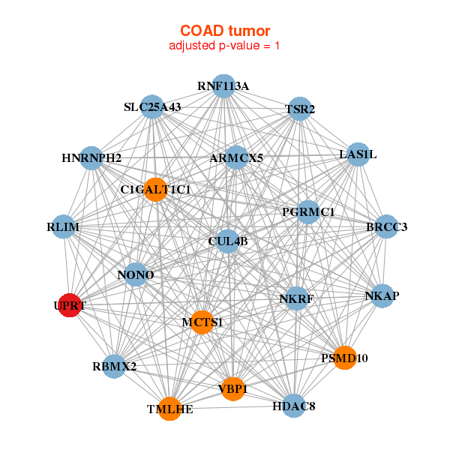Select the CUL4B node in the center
click(228, 241)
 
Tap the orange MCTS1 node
click(202, 322)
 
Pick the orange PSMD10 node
click(344, 358)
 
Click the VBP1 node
click(233, 388)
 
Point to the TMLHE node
click(170, 409)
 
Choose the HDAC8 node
click(293, 406)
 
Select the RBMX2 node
click(114, 367)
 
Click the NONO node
click(136, 275)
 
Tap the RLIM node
click(63, 227)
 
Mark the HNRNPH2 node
click(91, 157)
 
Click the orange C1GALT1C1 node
click(156, 189)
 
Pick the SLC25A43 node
click(153, 107)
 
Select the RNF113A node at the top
click(223, 85)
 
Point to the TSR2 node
click(300, 109)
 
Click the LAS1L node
click(358, 154)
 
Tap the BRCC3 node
click(386, 226)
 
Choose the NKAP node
click(382, 295)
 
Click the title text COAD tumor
click(225, 31)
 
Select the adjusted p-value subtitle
click(225, 46)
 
